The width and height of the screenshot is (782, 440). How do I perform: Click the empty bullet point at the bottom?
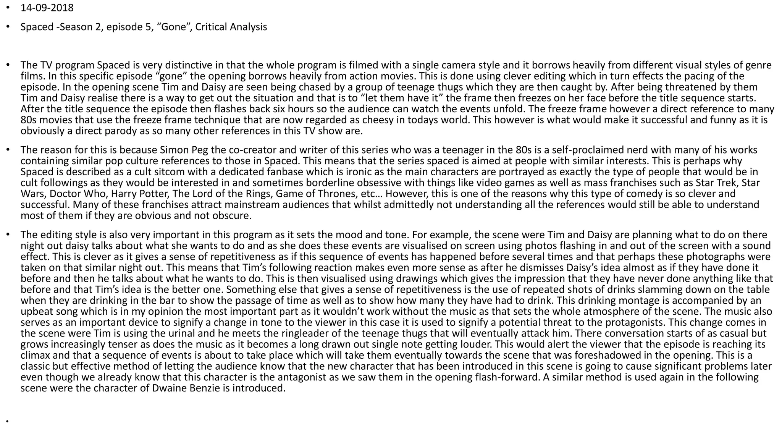(7, 422)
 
